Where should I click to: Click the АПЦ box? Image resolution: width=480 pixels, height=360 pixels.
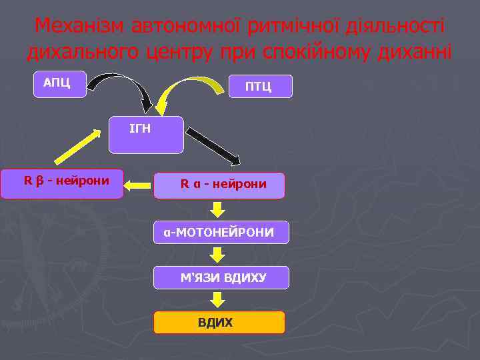pyautogui.click(x=61, y=84)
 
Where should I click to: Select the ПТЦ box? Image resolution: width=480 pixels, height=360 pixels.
pyautogui.click(x=259, y=87)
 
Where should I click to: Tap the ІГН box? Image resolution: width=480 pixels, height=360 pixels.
pyautogui.click(x=146, y=135)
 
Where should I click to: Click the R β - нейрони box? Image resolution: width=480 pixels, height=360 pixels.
pyautogui.click(x=62, y=183)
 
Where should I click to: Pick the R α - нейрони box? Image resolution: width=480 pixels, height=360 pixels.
pyautogui.click(x=219, y=185)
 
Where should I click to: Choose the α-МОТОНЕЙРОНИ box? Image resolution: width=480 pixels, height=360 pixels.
pyautogui.click(x=221, y=232)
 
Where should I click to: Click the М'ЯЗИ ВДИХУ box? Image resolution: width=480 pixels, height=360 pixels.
pyautogui.click(x=221, y=277)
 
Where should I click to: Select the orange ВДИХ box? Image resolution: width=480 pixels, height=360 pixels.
pyautogui.click(x=219, y=323)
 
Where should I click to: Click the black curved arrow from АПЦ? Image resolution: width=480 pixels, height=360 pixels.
pyautogui.click(x=123, y=87)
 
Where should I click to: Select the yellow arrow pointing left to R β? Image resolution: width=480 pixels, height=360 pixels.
pyautogui.click(x=139, y=185)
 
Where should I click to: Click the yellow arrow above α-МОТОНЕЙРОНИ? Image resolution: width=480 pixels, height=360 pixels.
pyautogui.click(x=217, y=210)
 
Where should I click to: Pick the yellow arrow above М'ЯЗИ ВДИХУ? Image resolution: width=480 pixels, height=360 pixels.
pyautogui.click(x=217, y=255)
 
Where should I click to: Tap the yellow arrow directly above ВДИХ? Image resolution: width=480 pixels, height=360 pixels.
pyautogui.click(x=217, y=300)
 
